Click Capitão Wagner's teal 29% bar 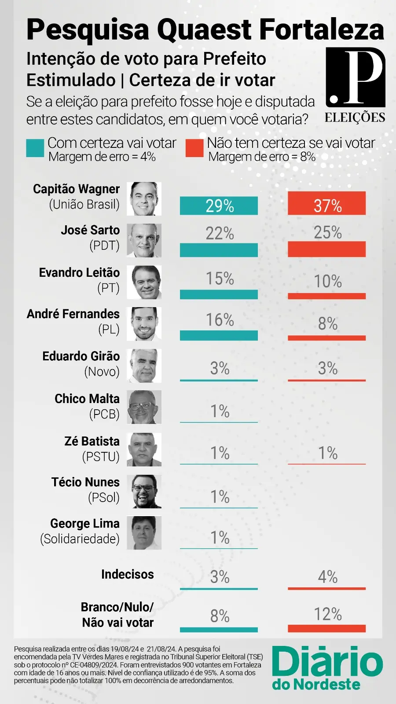(219, 205)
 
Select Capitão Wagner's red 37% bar (326, 204)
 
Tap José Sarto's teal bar (219, 250)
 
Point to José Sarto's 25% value (328, 232)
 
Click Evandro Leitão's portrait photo (144, 282)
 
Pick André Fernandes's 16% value (220, 320)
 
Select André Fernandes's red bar (326, 338)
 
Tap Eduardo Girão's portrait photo (144, 366)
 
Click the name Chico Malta (87, 399)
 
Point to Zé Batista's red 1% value (328, 453)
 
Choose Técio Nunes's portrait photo (144, 491)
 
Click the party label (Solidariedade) (80, 539)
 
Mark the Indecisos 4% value (328, 577)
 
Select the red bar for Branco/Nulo (326, 628)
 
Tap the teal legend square (35, 148)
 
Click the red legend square (194, 148)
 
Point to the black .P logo (356, 77)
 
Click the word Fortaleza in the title (322, 30)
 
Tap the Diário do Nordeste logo (327, 667)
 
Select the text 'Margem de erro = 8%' (262, 157)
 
